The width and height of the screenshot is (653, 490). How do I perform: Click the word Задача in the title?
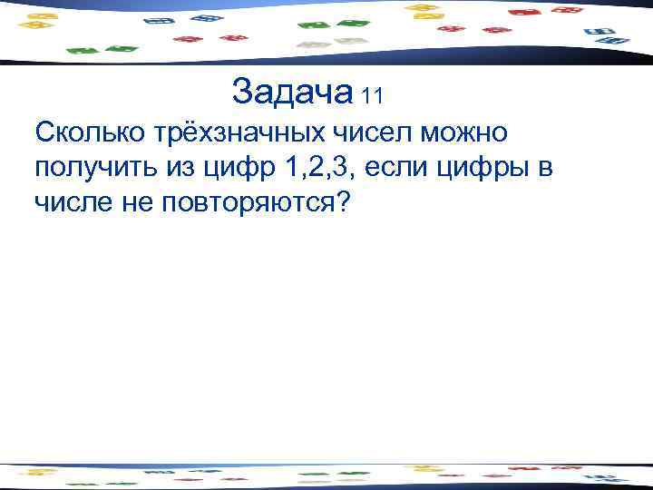tap(291, 91)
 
